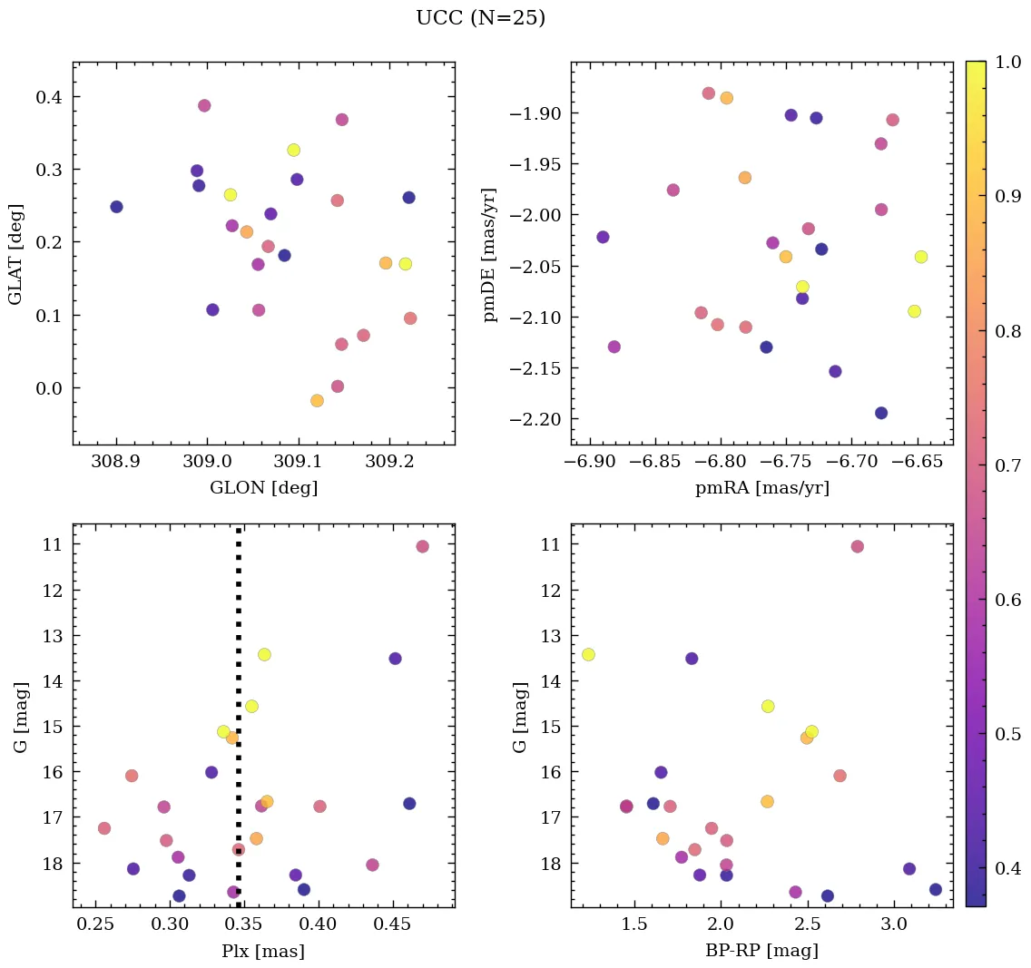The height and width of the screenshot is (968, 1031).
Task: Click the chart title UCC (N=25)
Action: (x=480, y=18)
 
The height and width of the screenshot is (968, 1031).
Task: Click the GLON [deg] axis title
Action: (x=263, y=488)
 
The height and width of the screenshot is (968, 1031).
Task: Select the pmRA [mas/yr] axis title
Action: (x=761, y=488)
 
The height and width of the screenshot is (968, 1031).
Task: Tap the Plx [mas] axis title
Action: (x=263, y=951)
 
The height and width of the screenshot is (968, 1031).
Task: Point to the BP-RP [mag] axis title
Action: (x=761, y=951)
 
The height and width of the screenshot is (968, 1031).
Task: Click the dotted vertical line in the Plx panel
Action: (x=239, y=726)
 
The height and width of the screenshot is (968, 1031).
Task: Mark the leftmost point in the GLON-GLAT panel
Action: (x=116, y=207)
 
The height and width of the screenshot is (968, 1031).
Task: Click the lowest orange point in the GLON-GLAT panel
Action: (x=317, y=401)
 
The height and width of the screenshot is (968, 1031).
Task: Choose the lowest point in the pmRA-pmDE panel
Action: (x=880, y=413)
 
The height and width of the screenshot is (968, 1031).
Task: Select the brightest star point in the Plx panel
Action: (x=422, y=546)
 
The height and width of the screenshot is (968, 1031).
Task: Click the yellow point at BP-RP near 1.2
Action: (x=588, y=654)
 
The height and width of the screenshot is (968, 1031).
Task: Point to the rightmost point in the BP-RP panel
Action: (x=935, y=889)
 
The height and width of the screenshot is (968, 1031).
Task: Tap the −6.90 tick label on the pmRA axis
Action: (x=590, y=462)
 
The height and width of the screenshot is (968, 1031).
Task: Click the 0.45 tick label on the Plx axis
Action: (x=393, y=924)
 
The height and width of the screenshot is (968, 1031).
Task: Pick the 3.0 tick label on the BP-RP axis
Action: (x=894, y=924)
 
